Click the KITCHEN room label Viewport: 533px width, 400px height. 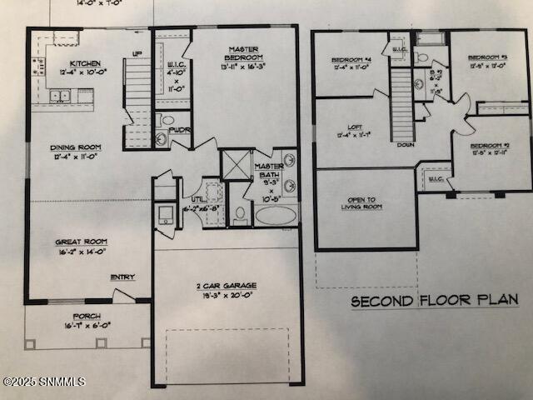pyautogui.click(x=86, y=64)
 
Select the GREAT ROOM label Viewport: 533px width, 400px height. pyautogui.click(x=81, y=242)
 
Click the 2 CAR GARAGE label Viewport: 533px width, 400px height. pyautogui.click(x=227, y=286)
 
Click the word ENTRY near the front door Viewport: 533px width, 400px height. pyautogui.click(x=122, y=277)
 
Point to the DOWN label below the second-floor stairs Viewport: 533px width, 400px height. pyautogui.click(x=405, y=144)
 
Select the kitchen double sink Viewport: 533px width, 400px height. pyautogui.click(x=59, y=96)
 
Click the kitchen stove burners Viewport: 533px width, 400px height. pyautogui.click(x=37, y=67)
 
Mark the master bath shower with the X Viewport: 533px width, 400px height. pyautogui.click(x=237, y=164)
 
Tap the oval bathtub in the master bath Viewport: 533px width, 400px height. pyautogui.click(x=275, y=215)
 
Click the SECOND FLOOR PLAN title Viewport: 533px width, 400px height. pyautogui.click(x=434, y=300)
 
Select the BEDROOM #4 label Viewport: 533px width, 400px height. pyautogui.click(x=351, y=60)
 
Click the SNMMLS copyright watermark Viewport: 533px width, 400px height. pyautogui.click(x=43, y=382)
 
